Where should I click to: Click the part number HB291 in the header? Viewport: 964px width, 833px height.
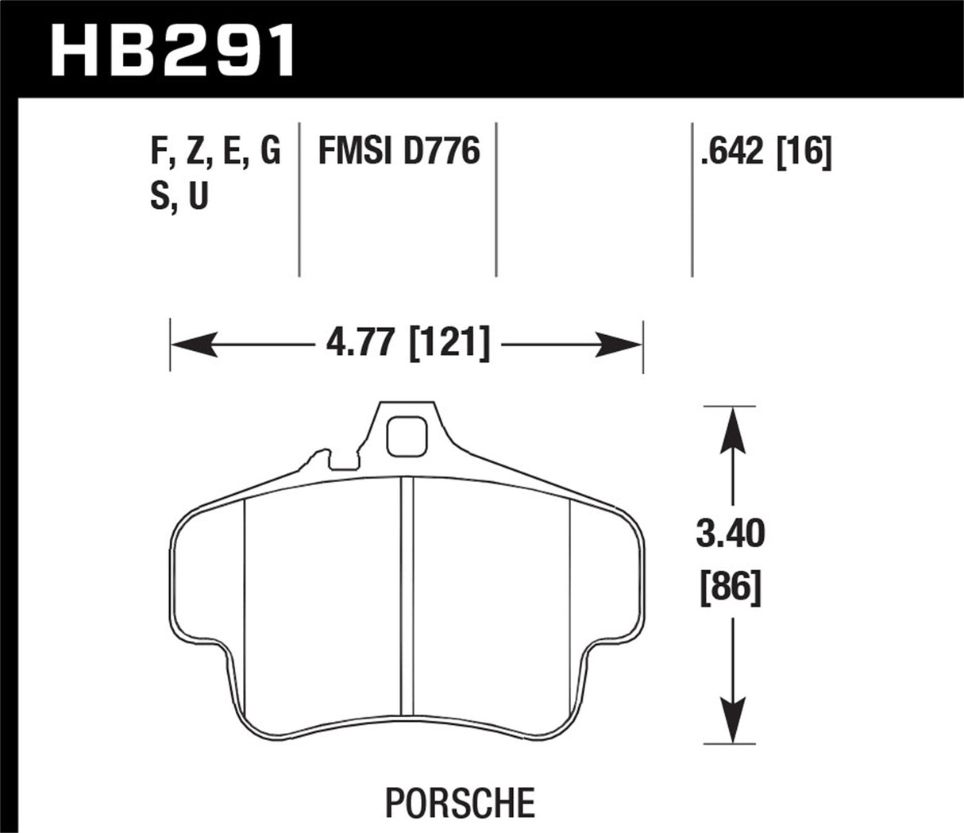173,49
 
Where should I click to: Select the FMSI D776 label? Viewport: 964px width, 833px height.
399,151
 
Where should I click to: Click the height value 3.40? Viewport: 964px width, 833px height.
731,535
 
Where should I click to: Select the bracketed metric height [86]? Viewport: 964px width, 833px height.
731,588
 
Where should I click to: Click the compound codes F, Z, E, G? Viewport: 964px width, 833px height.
215,151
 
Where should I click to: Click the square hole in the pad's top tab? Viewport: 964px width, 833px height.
407,437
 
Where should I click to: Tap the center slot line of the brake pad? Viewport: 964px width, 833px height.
407,596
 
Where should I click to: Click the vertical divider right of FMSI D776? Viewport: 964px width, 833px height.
496,199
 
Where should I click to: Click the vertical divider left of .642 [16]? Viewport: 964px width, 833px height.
692,199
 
